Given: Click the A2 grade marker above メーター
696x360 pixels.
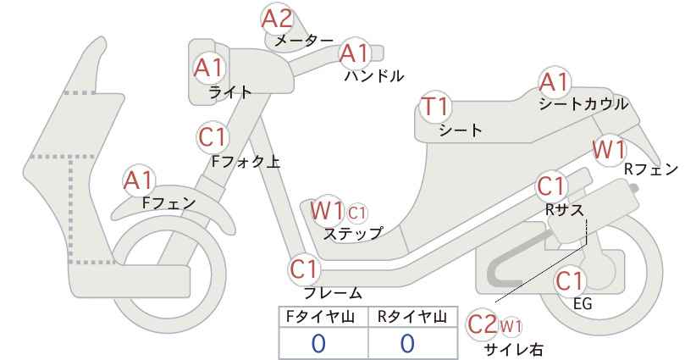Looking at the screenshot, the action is pyautogui.click(x=278, y=19).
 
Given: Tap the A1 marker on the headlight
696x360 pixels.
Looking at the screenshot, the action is pyautogui.click(x=209, y=69).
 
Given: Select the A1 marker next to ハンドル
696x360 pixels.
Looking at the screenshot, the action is pyautogui.click(x=355, y=53).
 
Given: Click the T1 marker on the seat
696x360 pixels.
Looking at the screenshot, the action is pyautogui.click(x=435, y=107).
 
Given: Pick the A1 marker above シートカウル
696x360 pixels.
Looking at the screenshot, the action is pyautogui.click(x=554, y=82).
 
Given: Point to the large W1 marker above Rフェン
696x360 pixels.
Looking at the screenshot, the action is pyautogui.click(x=609, y=150).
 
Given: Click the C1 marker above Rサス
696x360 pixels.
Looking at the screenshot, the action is pyautogui.click(x=552, y=186).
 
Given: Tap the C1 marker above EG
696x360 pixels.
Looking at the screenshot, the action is pyautogui.click(x=570, y=281).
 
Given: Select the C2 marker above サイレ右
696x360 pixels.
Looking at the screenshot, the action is pyautogui.click(x=483, y=324).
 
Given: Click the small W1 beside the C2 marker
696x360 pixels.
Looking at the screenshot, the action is pyautogui.click(x=511, y=327).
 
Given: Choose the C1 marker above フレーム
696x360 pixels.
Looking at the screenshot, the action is pyautogui.click(x=305, y=269).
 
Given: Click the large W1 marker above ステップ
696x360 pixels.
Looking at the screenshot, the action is pyautogui.click(x=327, y=210).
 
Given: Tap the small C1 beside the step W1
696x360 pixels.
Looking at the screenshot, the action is pyautogui.click(x=356, y=213).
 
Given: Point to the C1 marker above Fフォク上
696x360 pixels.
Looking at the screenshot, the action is pyautogui.click(x=213, y=137).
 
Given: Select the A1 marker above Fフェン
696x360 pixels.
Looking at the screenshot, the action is pyautogui.click(x=139, y=181).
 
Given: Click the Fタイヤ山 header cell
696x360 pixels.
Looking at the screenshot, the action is pyautogui.click(x=323, y=317).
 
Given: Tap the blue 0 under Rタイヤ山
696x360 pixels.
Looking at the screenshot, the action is pyautogui.click(x=408, y=344).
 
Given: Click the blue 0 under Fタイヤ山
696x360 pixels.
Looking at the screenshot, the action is pyautogui.click(x=318, y=344).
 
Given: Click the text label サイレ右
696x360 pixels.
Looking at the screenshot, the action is pyautogui.click(x=515, y=350).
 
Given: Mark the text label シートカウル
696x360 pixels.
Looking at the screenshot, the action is pyautogui.click(x=583, y=104).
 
